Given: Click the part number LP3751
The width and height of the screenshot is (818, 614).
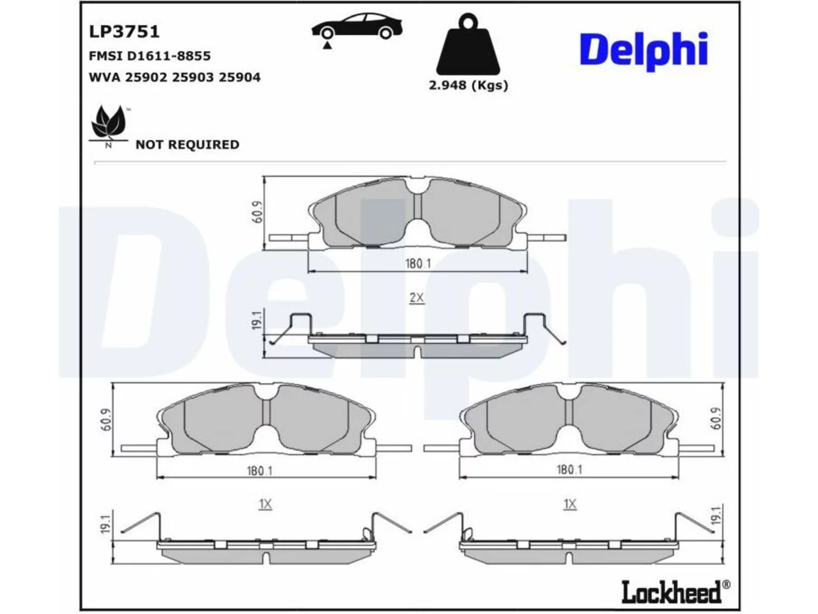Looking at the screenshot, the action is pos(124,32).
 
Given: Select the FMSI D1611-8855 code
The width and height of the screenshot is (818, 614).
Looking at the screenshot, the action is pos(150,56).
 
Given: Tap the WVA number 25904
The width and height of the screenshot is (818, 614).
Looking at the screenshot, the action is pos(239,77).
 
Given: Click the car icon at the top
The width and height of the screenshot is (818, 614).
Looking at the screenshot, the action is pos(357,31).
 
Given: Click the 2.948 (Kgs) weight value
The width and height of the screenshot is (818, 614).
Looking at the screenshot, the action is pos(468,85).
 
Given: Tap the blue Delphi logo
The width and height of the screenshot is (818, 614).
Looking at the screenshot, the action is pos(644,51).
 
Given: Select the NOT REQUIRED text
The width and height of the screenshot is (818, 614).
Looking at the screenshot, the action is pos(187,145).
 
